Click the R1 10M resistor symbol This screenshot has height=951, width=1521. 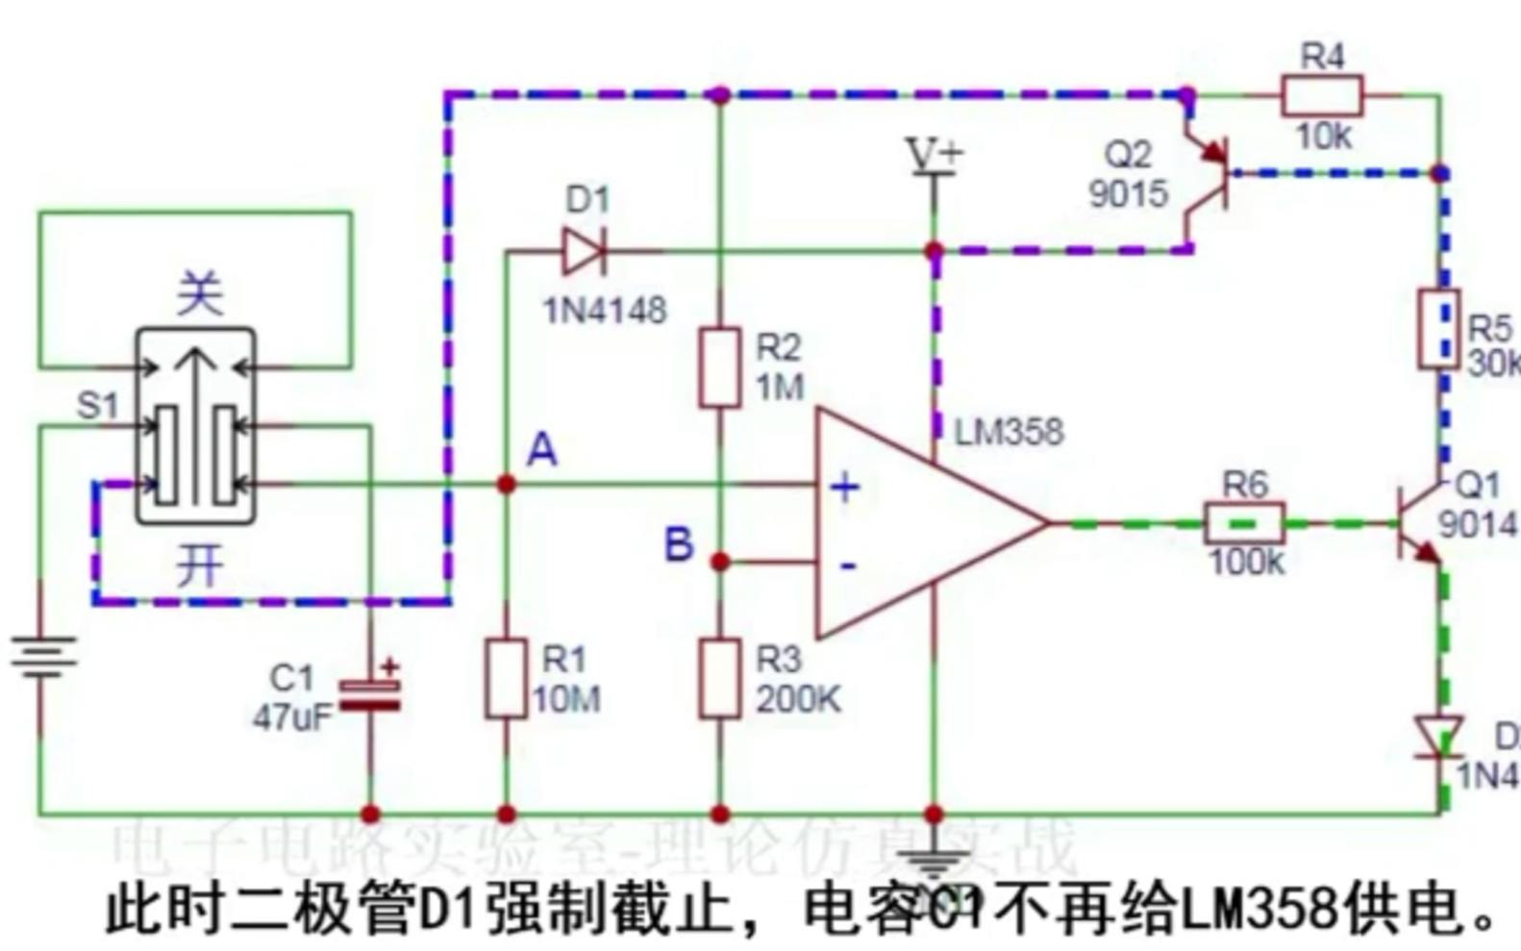[506, 678]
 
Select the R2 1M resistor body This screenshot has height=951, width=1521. [719, 367]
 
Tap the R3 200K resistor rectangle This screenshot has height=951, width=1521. [719, 678]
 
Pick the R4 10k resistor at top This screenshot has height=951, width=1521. [1322, 96]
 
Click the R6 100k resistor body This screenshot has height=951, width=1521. [1245, 523]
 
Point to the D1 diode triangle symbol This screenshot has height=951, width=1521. [584, 251]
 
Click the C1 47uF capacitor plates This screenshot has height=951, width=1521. [370, 695]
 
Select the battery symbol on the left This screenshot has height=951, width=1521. [41, 654]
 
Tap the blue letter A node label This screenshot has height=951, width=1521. [542, 449]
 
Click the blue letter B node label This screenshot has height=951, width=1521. [679, 544]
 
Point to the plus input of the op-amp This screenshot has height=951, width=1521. [845, 488]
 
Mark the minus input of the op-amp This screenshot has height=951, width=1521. [847, 565]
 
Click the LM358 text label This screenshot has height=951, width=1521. [1009, 432]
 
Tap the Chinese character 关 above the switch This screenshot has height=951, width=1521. [200, 293]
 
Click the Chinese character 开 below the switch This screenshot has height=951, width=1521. [200, 567]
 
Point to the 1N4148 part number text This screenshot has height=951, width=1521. [605, 311]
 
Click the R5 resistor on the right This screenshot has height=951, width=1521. [1439, 329]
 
